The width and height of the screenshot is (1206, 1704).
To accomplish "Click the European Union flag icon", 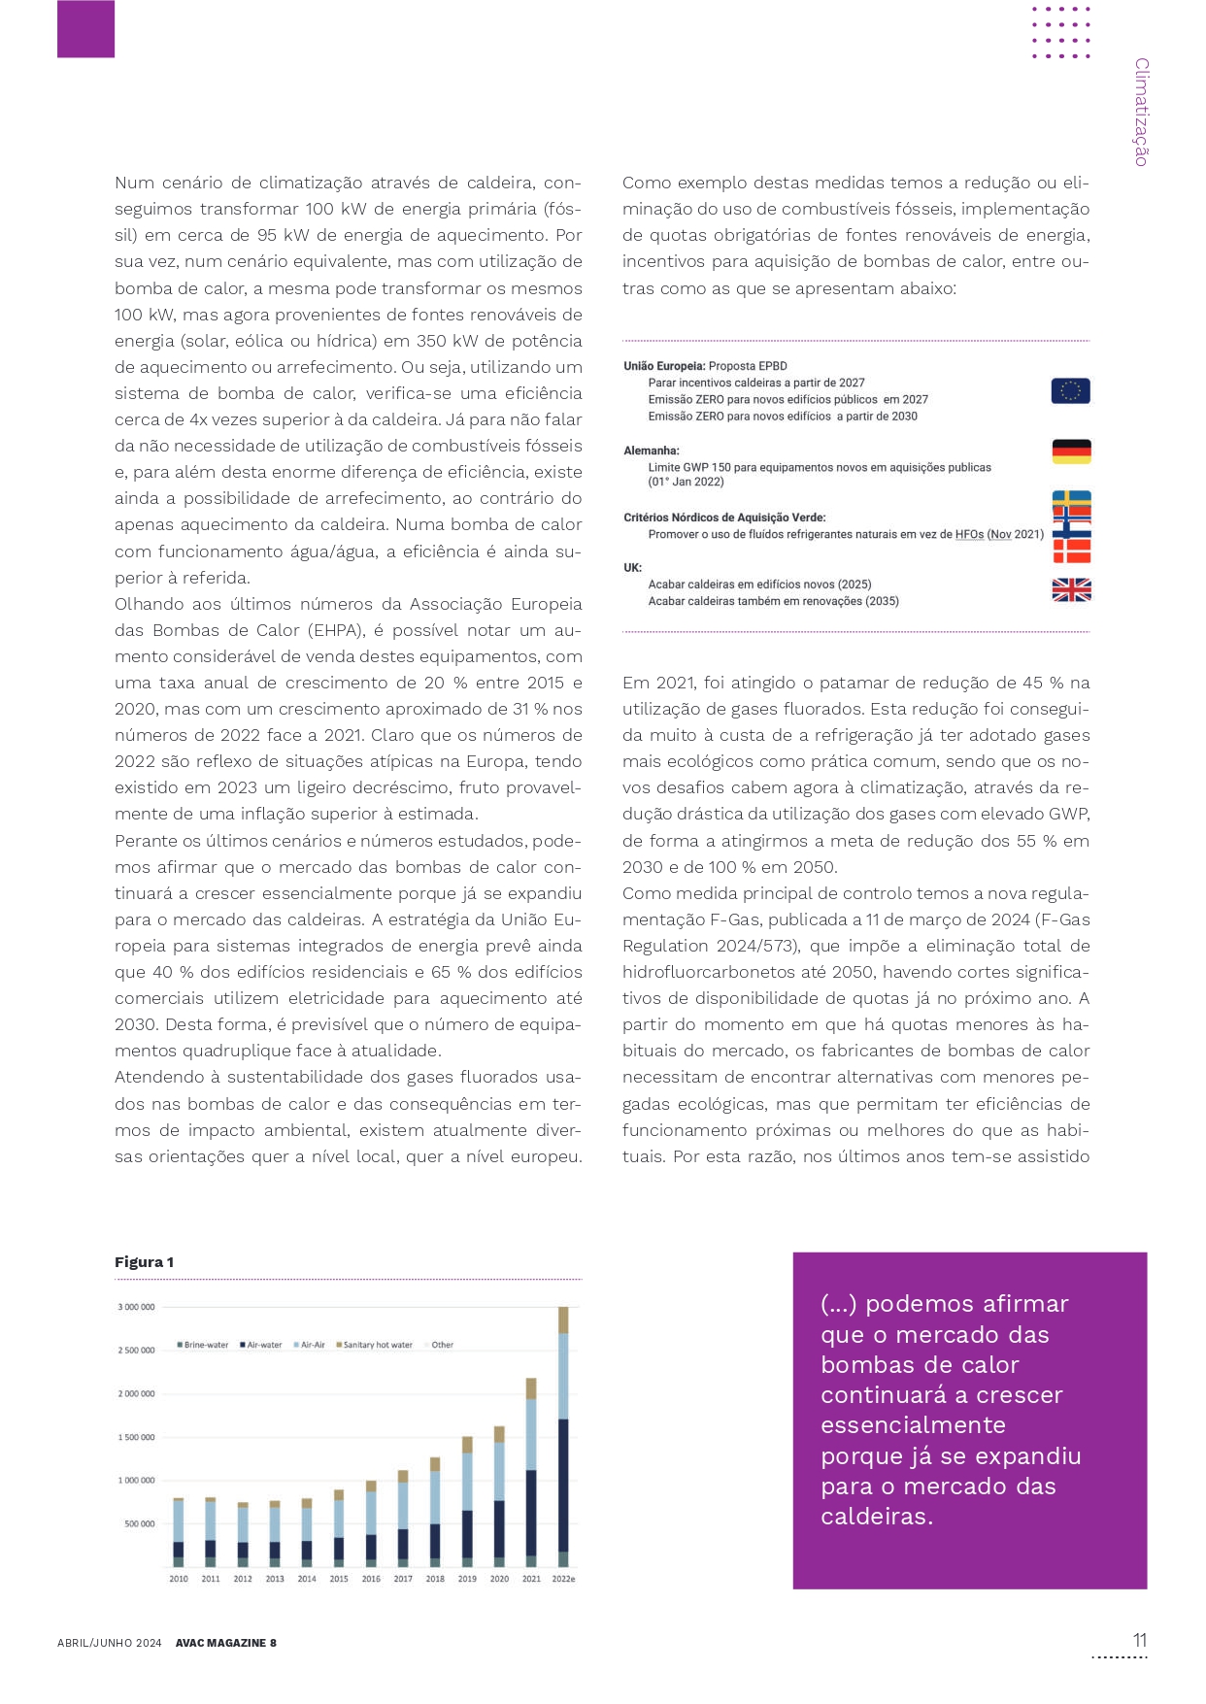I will tap(1070, 391).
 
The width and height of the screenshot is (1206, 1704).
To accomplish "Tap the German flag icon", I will tap(1071, 451).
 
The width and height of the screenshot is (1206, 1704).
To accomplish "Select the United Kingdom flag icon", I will tap(1071, 589).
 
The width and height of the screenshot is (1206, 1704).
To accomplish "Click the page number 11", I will tap(1139, 1640).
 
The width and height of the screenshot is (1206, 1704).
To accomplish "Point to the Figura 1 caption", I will tap(144, 1262).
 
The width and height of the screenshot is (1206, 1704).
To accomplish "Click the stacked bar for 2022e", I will tap(563, 1436).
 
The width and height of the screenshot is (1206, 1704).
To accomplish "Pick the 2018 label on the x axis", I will tap(435, 1579).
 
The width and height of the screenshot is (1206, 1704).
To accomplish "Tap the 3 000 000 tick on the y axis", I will tap(136, 1307).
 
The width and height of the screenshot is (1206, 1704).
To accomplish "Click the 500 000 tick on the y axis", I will tap(139, 1523).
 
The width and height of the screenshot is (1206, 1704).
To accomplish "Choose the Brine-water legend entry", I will tap(203, 1345).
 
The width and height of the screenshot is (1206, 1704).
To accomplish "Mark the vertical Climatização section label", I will tap(1141, 112).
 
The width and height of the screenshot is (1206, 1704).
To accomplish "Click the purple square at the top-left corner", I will tap(85, 28).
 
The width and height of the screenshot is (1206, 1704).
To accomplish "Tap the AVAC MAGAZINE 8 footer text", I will tap(225, 1643).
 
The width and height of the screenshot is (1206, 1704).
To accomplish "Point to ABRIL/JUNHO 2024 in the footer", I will tap(109, 1643).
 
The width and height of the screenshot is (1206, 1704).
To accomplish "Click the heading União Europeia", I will tap(664, 366).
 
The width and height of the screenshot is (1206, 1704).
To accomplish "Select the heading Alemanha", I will tap(652, 451).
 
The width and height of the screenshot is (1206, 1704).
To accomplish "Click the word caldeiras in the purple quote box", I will tap(876, 1517).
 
